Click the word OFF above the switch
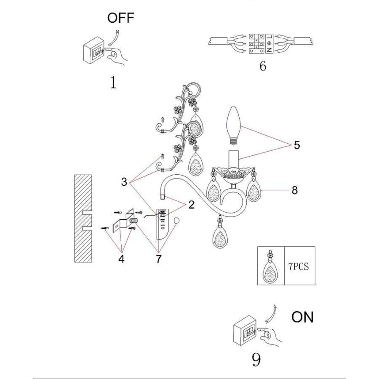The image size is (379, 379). (x=121, y=18)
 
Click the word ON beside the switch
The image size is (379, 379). (x=302, y=317)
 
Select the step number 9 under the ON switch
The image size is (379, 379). (x=256, y=359)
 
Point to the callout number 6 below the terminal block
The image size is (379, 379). (x=263, y=66)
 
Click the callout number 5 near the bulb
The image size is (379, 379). (x=296, y=145)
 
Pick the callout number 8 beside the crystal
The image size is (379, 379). (x=294, y=190)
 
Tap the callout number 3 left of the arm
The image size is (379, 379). (x=124, y=182)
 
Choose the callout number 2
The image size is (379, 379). (x=192, y=205)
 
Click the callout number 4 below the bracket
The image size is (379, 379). (x=121, y=259)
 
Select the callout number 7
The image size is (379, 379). (x=158, y=259)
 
